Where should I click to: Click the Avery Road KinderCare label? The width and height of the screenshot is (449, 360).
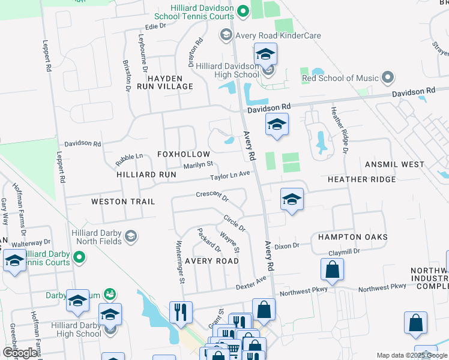coord(278,35)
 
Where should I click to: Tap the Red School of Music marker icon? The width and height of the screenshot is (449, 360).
coord(388,78)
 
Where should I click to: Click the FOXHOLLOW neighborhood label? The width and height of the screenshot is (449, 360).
coord(184,154)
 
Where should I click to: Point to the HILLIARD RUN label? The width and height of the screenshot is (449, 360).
coord(146,175)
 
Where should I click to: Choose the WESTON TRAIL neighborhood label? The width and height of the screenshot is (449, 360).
coord(123,202)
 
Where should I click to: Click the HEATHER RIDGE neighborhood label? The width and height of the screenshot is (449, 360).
coord(361,179)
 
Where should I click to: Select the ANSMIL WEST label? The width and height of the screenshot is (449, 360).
coord(394,164)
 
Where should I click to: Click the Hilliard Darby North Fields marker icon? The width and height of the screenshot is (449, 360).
coord(130,238)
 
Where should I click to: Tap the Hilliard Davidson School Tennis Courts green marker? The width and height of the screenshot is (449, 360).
coord(243,10)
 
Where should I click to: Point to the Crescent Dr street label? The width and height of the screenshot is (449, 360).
coord(212,195)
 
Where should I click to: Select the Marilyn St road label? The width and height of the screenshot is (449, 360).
coord(198,164)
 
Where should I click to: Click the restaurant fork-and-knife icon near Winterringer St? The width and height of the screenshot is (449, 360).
coord(181,312)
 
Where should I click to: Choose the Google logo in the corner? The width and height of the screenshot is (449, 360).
coord(20,353)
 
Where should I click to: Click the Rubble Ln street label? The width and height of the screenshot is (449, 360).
coord(129,157)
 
